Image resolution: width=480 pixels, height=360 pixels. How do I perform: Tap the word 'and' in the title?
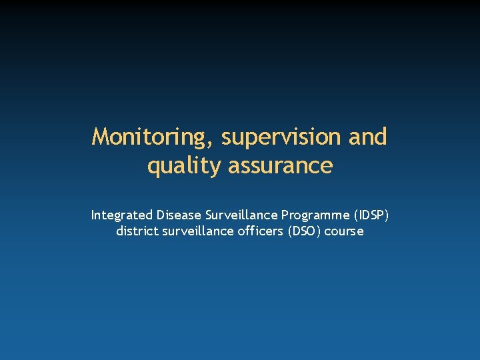point(367,137)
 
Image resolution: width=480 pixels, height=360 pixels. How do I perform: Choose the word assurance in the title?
point(280,165)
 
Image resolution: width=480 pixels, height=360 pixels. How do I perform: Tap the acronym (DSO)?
point(303,231)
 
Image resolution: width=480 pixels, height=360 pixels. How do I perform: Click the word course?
point(344,231)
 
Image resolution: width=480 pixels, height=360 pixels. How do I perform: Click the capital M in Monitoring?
point(101,137)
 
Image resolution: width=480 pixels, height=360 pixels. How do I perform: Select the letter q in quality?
point(153,167)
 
